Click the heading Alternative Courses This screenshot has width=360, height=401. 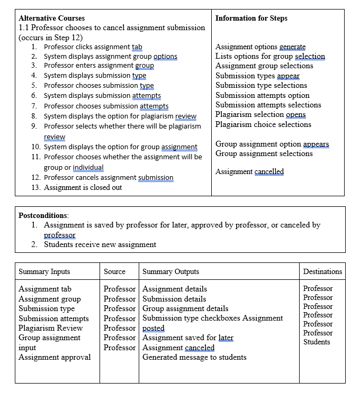[x=51, y=18]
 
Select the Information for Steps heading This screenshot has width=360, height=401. [x=251, y=18]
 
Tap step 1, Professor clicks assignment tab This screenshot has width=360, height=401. [x=93, y=47]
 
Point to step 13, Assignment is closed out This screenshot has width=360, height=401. [x=83, y=187]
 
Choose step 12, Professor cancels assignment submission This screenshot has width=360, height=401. [x=108, y=178]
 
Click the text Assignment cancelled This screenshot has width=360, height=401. [x=249, y=171]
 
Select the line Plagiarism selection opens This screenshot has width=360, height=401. [x=260, y=115]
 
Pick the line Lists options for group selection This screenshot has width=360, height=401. [x=270, y=56]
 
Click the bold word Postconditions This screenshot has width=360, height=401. [x=43, y=215]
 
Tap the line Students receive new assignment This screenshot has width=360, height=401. [x=100, y=244]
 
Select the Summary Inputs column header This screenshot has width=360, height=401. [x=44, y=271]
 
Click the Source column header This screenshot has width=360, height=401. [x=114, y=271]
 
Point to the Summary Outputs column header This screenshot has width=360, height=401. [x=170, y=271]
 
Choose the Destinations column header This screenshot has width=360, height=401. [x=322, y=271]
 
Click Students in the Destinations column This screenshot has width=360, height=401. [x=317, y=342]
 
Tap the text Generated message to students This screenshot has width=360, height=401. [x=194, y=357]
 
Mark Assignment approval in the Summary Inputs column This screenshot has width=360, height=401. [x=55, y=357]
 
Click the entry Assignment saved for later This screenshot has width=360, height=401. [x=188, y=338]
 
